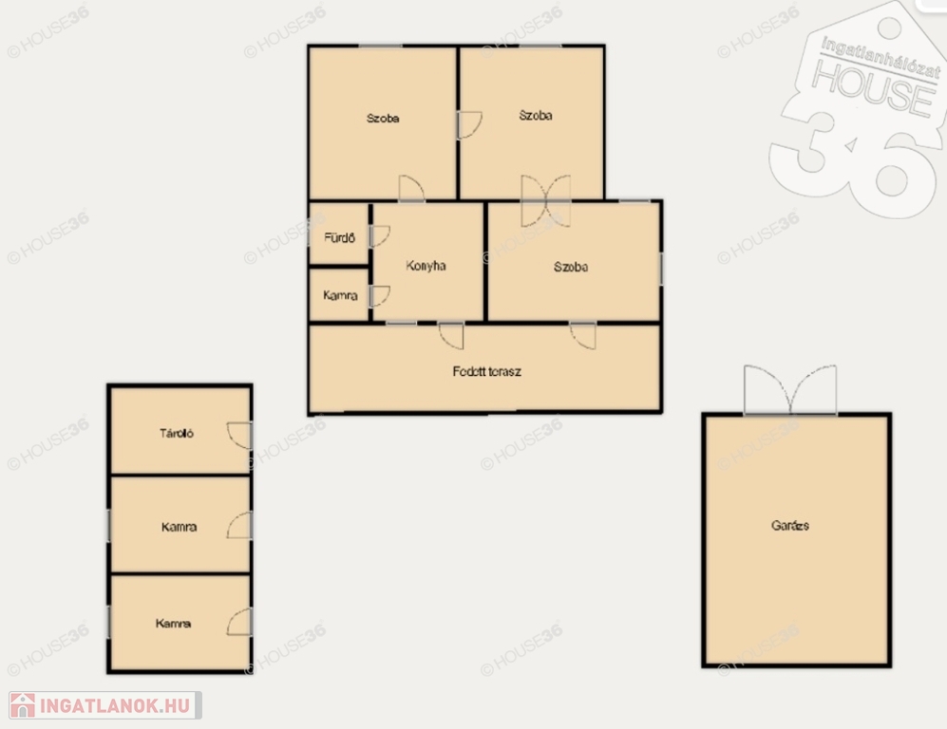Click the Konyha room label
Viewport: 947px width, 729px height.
click(x=426, y=266)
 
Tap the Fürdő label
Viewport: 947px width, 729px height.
click(x=339, y=237)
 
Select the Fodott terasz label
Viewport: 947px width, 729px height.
click(x=486, y=371)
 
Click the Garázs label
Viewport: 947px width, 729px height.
click(x=790, y=525)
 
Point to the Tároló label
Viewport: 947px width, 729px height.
click(x=177, y=433)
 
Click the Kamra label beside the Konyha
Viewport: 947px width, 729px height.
click(x=340, y=295)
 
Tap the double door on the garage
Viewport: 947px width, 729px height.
click(x=790, y=390)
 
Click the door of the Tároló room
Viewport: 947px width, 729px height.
click(x=239, y=435)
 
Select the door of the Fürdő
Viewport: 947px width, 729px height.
click(x=379, y=236)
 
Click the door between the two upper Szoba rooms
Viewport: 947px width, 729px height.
click(x=469, y=125)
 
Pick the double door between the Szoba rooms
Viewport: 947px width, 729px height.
click(x=546, y=201)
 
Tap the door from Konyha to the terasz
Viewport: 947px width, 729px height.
click(x=451, y=336)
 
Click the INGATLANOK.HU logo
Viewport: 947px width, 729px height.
click(x=105, y=705)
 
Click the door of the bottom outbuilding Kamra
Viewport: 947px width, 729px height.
click(x=239, y=622)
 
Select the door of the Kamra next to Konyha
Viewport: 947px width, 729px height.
click(x=379, y=296)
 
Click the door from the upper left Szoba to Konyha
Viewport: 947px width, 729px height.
click(x=411, y=188)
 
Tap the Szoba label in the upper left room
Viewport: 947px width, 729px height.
click(x=383, y=119)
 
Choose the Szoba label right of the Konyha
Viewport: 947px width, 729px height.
click(x=571, y=267)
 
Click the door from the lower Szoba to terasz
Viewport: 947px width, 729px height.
click(x=583, y=336)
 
